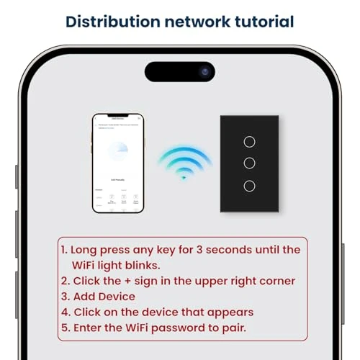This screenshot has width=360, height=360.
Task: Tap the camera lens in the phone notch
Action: tap(205, 72)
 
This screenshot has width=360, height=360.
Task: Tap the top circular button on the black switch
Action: tap(248, 141)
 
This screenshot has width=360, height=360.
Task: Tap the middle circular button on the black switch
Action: tap(248, 163)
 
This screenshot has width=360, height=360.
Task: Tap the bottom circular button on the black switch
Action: tap(248, 185)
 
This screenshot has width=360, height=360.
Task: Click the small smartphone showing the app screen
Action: tap(117, 163)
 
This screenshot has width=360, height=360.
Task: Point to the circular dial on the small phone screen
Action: tap(117, 154)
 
